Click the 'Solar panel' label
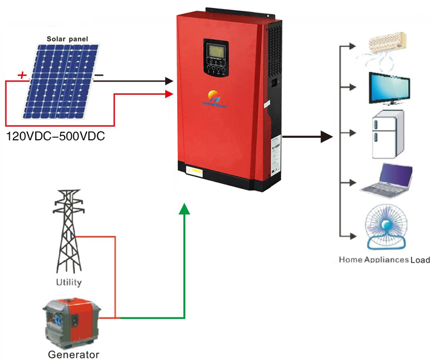tap(68, 39)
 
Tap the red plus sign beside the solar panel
tap(22, 76)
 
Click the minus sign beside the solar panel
tap(99, 76)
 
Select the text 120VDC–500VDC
tap(55, 136)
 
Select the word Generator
tap(73, 355)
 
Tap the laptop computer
tap(388, 180)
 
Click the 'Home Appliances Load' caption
tap(384, 260)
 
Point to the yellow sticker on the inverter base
tap(196, 171)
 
